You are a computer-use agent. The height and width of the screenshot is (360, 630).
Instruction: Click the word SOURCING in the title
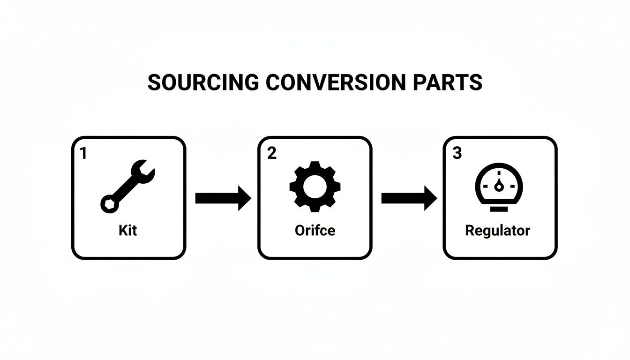coord(202,82)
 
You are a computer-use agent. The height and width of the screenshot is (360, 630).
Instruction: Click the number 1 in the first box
coord(83,153)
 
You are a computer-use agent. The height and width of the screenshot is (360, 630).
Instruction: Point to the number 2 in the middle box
coord(271,153)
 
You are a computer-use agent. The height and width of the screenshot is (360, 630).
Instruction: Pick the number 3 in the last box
coord(457,153)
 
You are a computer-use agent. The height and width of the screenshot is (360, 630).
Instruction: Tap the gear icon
coord(315,186)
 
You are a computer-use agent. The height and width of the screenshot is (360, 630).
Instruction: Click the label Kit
coord(127,231)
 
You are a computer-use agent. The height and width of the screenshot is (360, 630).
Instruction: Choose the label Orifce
coord(315,231)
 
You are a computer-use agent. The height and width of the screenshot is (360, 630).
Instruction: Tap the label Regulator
coord(497,231)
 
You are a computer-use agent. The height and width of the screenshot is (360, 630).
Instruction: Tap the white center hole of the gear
coord(315,186)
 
